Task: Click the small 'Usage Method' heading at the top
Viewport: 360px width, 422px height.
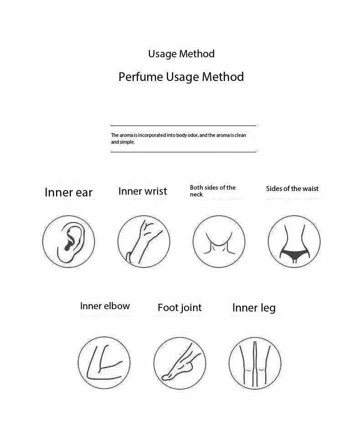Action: (x=181, y=54)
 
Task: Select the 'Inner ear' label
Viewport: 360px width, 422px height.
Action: (x=68, y=192)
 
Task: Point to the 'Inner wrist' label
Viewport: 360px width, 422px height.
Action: (x=143, y=191)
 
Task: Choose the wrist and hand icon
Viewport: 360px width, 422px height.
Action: (x=144, y=241)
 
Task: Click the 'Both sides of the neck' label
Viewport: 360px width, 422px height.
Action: (x=212, y=191)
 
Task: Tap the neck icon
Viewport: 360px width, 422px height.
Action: (x=219, y=241)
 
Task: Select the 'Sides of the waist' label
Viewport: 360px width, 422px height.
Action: (x=292, y=189)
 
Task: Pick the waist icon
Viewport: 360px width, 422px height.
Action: (x=294, y=241)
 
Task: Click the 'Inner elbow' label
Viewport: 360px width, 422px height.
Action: (x=105, y=306)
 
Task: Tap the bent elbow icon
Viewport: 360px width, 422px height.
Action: (x=104, y=363)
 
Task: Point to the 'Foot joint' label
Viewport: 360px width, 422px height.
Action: (x=180, y=308)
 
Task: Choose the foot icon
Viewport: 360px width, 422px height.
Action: (x=180, y=363)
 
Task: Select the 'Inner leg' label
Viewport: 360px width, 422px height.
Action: (x=254, y=308)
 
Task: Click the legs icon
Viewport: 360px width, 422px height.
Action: (x=255, y=363)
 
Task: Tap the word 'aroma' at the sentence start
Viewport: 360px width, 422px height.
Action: (x=126, y=136)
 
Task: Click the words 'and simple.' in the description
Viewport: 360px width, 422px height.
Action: (x=123, y=142)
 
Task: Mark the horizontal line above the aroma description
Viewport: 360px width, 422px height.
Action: (x=183, y=126)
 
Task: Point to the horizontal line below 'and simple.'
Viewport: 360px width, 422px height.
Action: (x=183, y=152)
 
